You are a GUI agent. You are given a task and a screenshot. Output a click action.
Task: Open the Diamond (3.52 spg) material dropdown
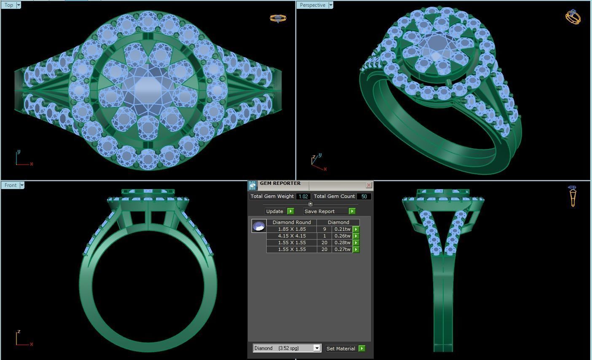point(317,348)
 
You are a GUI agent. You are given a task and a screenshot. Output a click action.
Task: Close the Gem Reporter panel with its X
point(369,185)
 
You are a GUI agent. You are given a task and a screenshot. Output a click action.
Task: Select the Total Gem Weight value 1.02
point(303,196)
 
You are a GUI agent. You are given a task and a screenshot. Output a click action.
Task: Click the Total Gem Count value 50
point(364,196)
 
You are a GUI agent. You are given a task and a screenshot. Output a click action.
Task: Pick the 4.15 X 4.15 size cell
point(292,236)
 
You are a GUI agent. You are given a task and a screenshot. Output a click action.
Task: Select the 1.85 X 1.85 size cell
point(292,229)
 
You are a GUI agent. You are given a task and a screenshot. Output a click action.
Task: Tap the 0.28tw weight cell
point(342,243)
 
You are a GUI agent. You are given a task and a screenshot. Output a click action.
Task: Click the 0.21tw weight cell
point(342,229)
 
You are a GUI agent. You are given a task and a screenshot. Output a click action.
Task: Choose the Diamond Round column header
point(292,222)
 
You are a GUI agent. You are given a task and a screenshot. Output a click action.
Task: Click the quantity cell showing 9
point(324,229)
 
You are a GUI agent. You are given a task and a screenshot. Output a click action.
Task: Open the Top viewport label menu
point(19,5)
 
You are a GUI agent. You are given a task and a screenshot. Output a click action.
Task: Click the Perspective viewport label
point(312,5)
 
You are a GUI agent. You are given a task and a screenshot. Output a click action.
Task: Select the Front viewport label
point(11,185)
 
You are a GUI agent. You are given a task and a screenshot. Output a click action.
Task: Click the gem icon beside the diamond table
point(259,226)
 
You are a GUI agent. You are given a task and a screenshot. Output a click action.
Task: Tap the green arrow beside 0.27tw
point(356,249)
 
